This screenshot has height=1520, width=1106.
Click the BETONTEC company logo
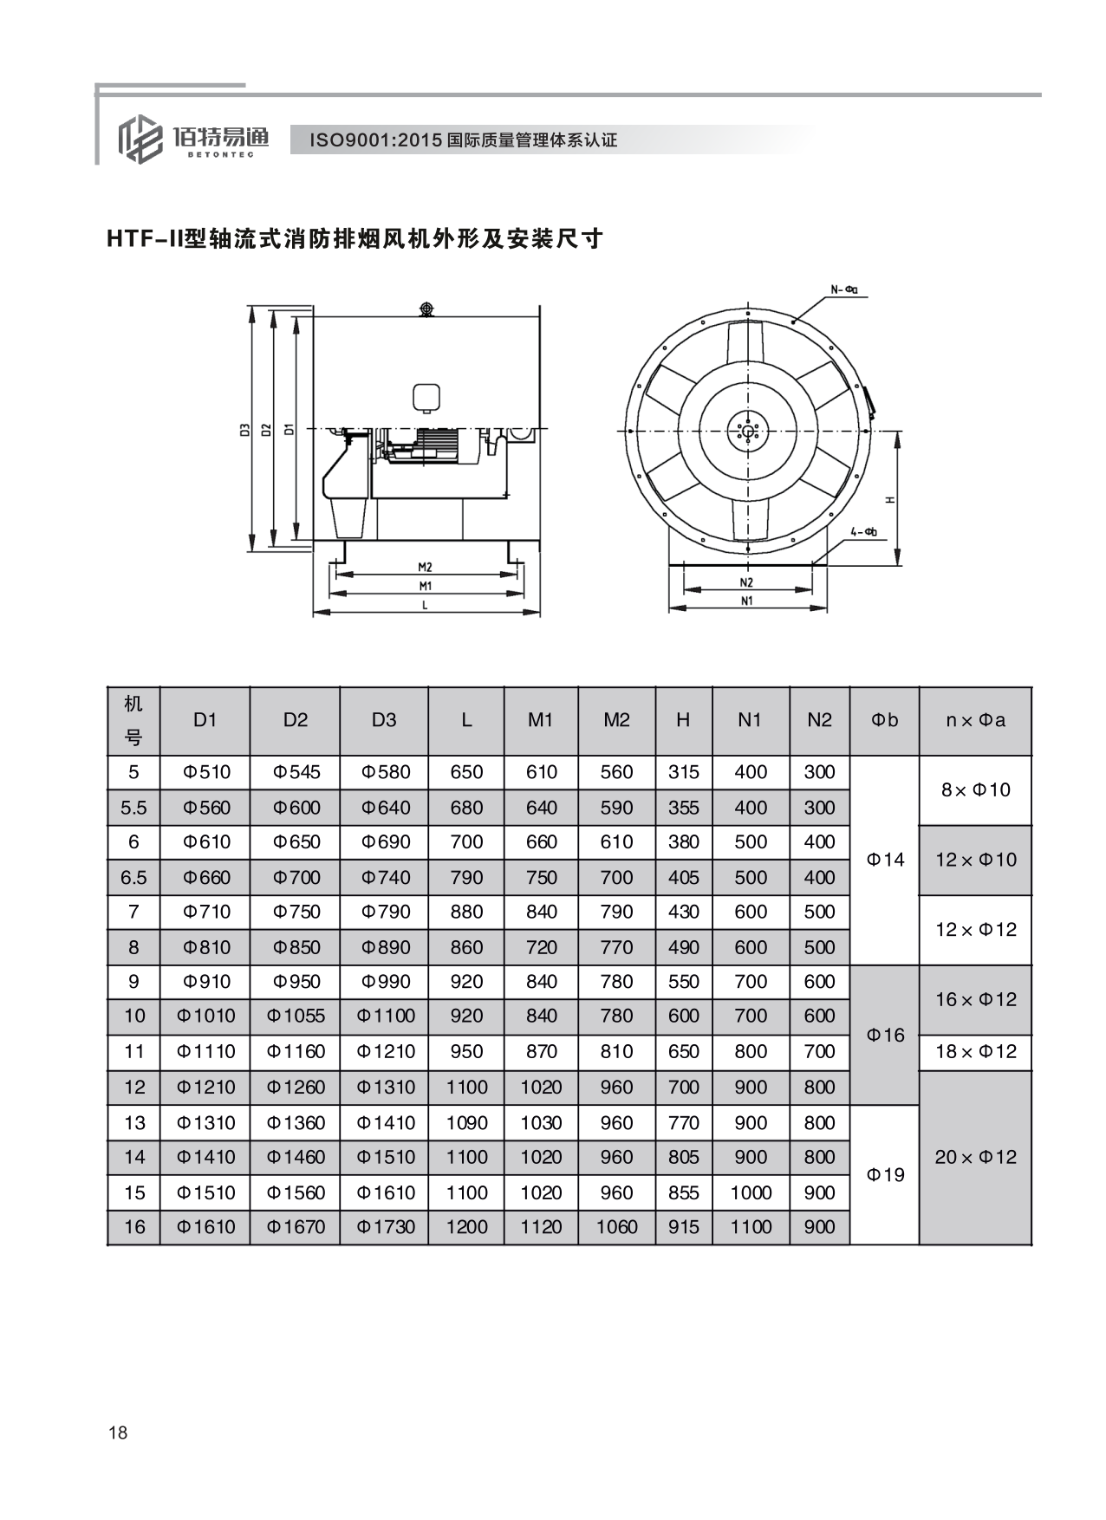(192, 140)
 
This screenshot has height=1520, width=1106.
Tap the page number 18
(118, 1432)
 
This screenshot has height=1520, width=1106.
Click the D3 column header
(383, 720)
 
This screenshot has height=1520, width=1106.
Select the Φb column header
(884, 720)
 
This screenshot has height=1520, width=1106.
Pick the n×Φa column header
(975, 720)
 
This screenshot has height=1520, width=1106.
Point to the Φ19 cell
(885, 1174)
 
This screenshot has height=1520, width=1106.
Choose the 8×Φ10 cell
(975, 789)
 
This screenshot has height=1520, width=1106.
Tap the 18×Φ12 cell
(975, 1051)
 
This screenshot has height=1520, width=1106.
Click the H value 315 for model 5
(683, 772)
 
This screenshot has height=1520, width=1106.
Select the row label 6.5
(133, 878)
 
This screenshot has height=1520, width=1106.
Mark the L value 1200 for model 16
(466, 1227)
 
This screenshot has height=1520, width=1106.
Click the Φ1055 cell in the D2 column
(296, 1016)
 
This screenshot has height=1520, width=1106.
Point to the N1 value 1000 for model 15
(750, 1192)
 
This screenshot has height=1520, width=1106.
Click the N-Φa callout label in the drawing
(844, 289)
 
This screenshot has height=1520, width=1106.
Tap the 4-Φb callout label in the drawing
(863, 531)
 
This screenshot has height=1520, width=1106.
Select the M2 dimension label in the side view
(425, 568)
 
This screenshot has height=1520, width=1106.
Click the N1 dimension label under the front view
(746, 600)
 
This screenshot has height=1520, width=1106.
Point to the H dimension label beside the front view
(890, 499)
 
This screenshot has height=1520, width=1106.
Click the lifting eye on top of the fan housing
(426, 309)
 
